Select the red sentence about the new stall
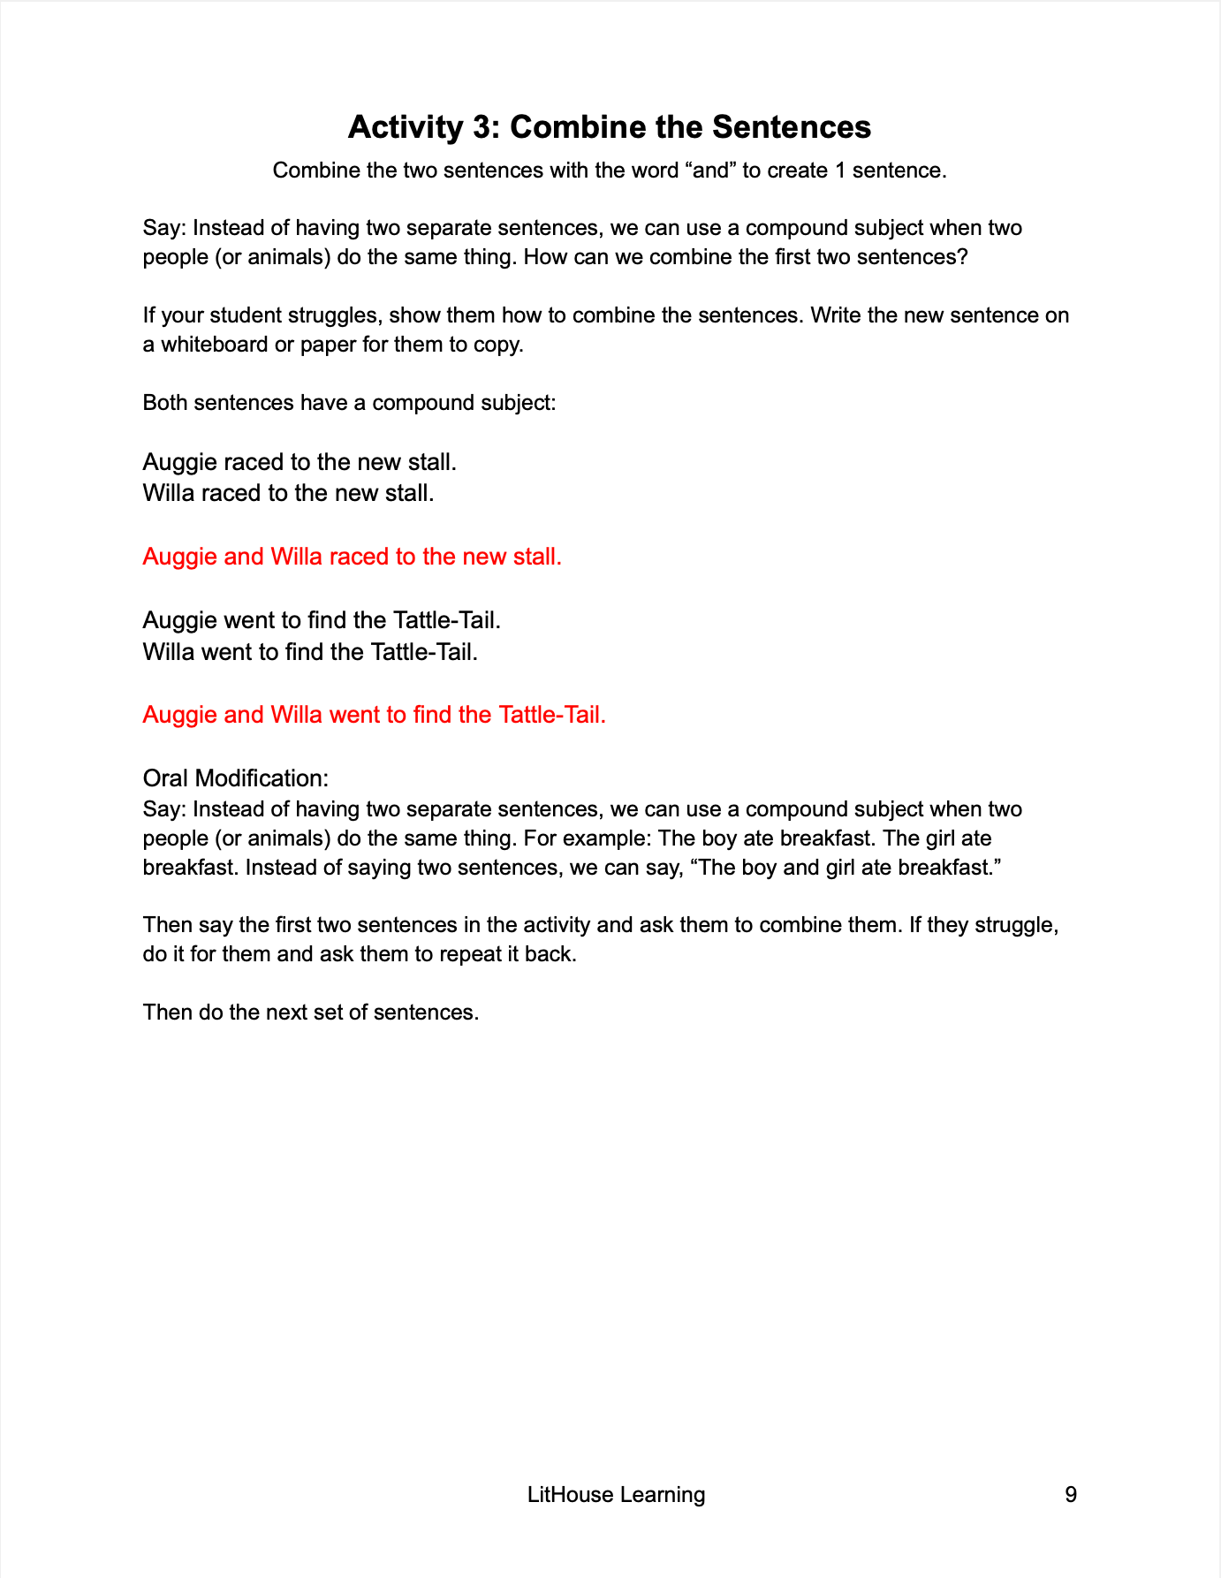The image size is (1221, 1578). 352,557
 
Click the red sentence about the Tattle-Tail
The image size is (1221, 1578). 374,715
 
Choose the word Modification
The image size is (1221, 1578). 262,778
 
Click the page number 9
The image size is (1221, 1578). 1071,1495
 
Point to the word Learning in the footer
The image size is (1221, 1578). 663,1495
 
